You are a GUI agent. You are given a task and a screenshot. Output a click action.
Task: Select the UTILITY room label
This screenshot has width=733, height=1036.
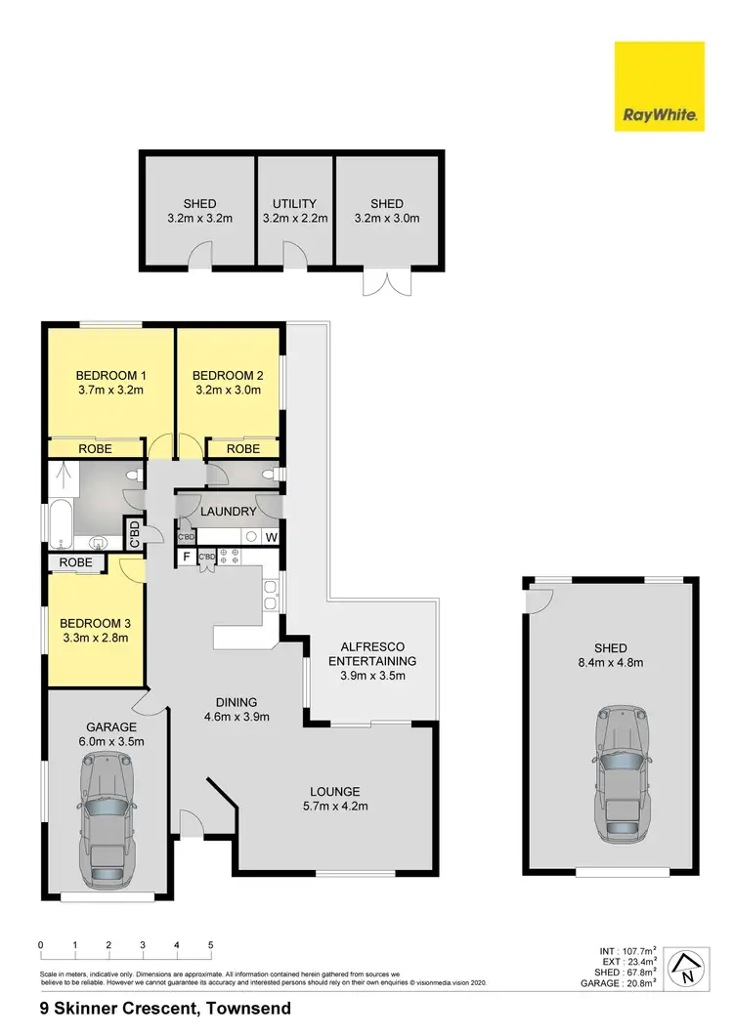click(x=294, y=204)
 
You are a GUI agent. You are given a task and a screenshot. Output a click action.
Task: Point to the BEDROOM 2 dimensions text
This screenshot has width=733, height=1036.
click(x=227, y=391)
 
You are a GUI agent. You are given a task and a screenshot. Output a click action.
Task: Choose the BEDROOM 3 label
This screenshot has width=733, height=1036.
click(x=94, y=624)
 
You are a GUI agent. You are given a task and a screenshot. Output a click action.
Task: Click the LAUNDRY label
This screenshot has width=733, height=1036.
click(x=228, y=512)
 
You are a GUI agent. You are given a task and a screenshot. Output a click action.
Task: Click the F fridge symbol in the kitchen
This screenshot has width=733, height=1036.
click(x=185, y=558)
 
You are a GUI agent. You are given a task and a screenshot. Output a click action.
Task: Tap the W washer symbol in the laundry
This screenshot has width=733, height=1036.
click(x=271, y=536)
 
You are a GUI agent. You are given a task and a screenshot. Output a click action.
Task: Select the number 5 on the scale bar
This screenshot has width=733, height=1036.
click(x=211, y=945)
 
